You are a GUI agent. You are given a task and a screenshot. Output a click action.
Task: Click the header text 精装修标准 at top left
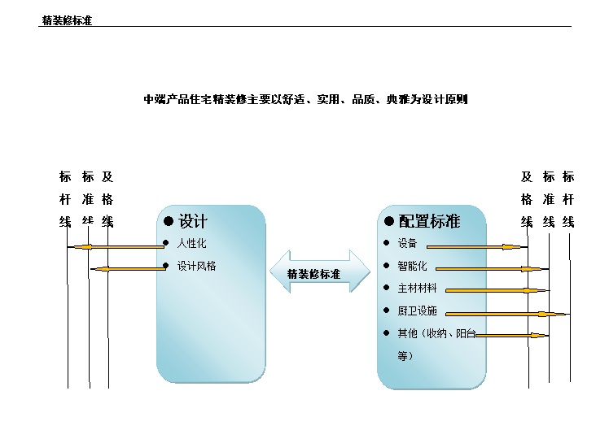tap(67, 20)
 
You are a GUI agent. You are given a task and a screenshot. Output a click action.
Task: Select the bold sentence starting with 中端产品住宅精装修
tap(305, 99)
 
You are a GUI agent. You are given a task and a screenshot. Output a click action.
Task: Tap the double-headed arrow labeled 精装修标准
tap(320, 271)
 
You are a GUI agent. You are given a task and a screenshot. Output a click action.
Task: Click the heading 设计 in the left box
tap(193, 221)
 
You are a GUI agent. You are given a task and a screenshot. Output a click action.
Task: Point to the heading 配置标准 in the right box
tap(429, 221)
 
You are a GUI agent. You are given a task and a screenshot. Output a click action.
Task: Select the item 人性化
tap(192, 244)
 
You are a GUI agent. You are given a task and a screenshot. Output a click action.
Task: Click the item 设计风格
tap(196, 266)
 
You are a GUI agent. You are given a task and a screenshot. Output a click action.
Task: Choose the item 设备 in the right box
tap(407, 243)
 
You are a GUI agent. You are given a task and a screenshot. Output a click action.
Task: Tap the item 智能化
tap(412, 266)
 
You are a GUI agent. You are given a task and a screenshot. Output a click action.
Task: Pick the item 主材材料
tap(417, 288)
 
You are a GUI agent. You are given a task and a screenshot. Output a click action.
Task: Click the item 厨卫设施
tap(417, 311)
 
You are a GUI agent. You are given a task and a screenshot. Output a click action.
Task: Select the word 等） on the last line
tap(405, 355)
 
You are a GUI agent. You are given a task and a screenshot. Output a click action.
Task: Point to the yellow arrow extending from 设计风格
tap(129, 269)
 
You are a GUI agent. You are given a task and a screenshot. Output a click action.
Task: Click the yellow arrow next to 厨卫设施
tap(506, 314)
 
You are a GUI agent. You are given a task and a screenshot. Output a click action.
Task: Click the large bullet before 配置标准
tap(389, 221)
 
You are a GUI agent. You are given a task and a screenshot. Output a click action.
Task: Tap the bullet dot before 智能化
tap(386, 266)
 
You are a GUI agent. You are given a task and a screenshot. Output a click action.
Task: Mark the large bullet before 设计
tap(169, 221)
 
